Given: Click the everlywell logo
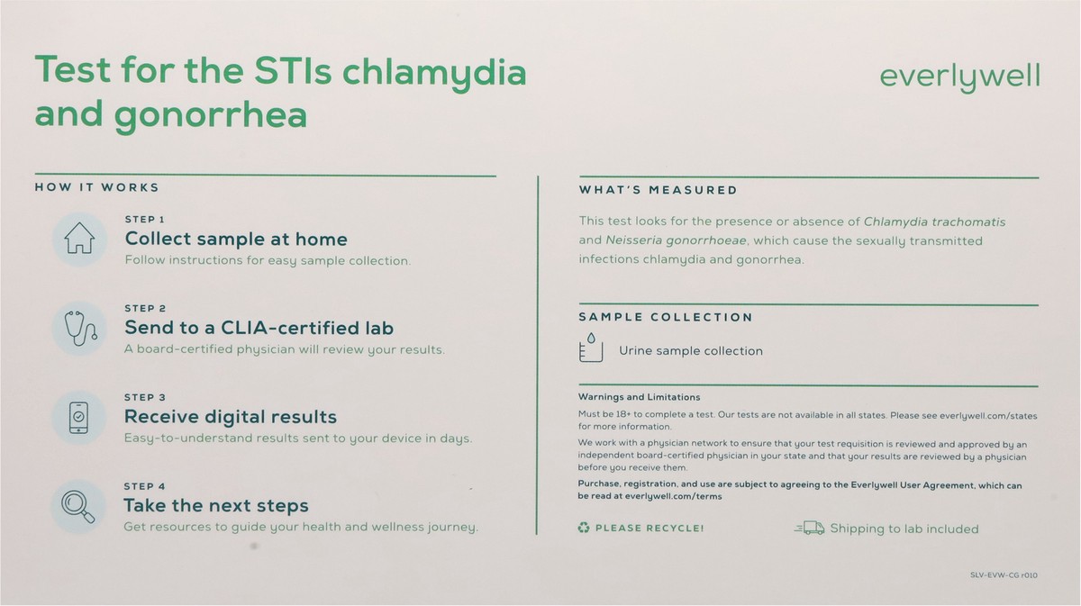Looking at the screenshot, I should point(958,77).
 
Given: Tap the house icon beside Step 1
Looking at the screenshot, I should point(79,240).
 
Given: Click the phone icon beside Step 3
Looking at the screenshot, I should point(79,416).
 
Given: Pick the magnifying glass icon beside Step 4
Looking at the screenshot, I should point(78,505).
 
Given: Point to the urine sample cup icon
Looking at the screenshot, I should point(592,348).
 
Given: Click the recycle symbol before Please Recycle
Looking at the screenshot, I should point(583,529).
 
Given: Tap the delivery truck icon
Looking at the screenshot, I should point(810,529).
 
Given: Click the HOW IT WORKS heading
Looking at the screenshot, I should point(96,187).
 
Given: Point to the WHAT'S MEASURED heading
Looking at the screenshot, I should point(658,190).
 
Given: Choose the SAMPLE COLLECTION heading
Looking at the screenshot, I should point(665,317).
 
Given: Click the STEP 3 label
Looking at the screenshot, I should point(145,397).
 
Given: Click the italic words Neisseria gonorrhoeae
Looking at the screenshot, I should point(675,240).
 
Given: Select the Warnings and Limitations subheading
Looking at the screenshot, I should point(639,397).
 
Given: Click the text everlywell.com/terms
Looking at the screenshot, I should point(671,496).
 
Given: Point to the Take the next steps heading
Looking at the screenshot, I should point(216,506).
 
